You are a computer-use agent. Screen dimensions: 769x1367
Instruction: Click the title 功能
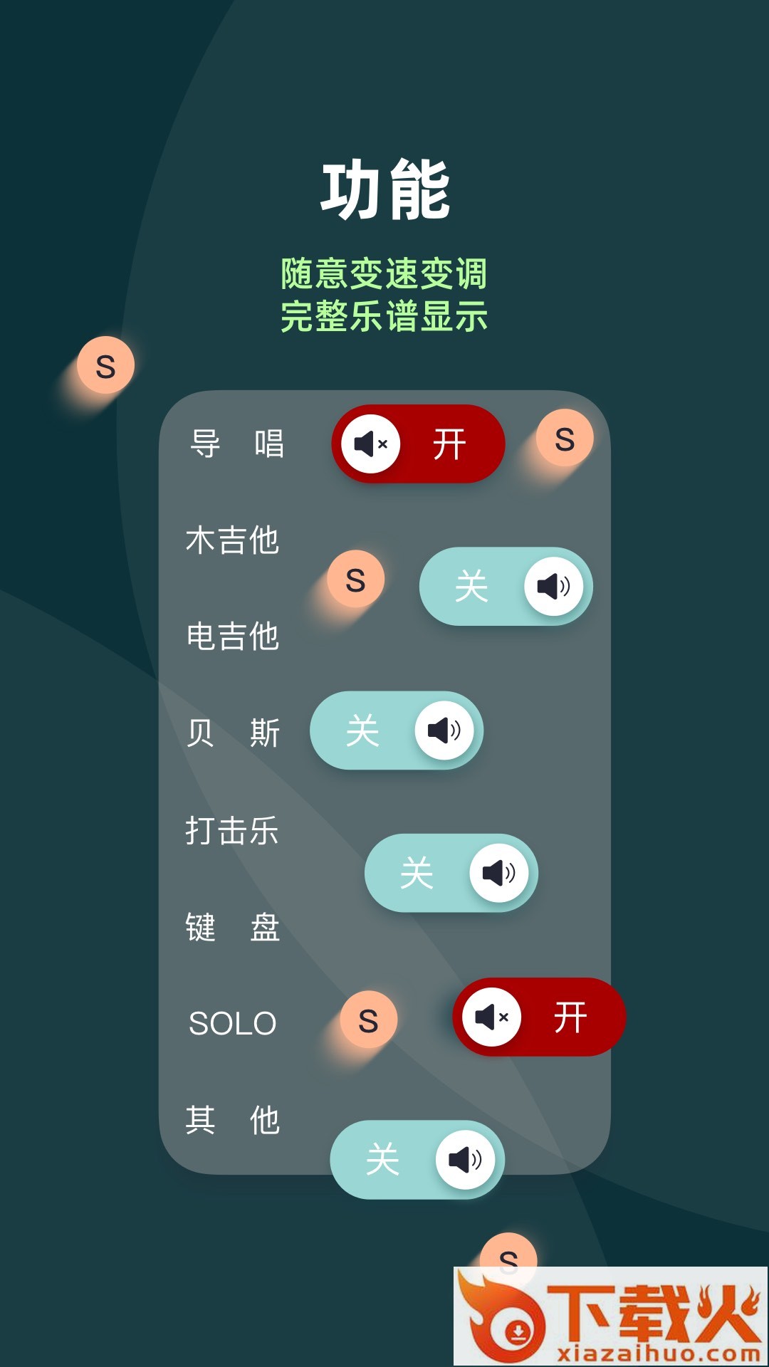tap(385, 190)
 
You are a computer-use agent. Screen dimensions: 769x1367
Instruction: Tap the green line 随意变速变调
tap(384, 274)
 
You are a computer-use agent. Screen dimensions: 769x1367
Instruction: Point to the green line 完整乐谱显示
tap(384, 317)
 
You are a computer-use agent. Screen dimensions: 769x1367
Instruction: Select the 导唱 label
tap(237, 444)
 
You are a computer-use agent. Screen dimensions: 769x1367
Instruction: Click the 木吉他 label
tap(233, 540)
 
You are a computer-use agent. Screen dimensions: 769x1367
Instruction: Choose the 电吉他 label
tap(233, 636)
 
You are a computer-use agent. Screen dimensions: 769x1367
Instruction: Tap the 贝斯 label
tap(233, 733)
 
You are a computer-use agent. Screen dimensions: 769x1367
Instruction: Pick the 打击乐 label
tap(232, 830)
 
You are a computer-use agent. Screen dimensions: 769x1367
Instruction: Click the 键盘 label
tap(233, 927)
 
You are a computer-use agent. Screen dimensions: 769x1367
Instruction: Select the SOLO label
tap(233, 1024)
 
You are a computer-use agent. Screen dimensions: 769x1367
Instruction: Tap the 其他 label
tap(233, 1120)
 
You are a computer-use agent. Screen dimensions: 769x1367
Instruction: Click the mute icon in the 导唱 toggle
tap(371, 444)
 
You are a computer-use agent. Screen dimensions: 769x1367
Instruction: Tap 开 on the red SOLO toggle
tap(571, 1017)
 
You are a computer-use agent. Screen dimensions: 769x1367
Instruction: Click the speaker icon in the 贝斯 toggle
tap(444, 730)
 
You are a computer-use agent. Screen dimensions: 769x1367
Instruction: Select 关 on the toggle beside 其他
tap(383, 1160)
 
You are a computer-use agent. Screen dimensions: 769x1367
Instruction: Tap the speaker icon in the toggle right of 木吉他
tap(554, 586)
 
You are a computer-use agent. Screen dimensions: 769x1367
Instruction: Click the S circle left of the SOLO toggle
tap(368, 1020)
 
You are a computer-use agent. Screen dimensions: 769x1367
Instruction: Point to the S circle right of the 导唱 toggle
tap(565, 439)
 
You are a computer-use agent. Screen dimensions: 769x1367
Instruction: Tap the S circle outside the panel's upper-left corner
tap(105, 366)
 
